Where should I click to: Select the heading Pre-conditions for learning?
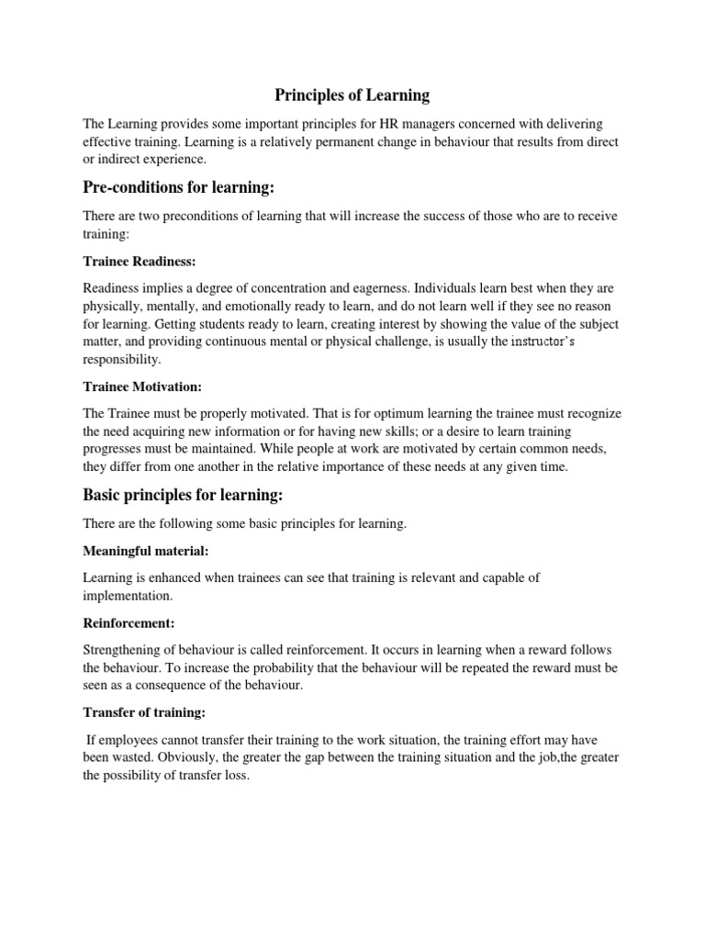pyautogui.click(x=179, y=188)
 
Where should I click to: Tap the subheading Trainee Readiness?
pyautogui.click(x=140, y=261)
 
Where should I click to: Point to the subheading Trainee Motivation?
pyautogui.click(x=143, y=387)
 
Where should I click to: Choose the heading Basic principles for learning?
pyautogui.click(x=184, y=496)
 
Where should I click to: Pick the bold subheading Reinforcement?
pyautogui.click(x=129, y=622)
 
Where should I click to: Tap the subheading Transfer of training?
pyautogui.click(x=140, y=711)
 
